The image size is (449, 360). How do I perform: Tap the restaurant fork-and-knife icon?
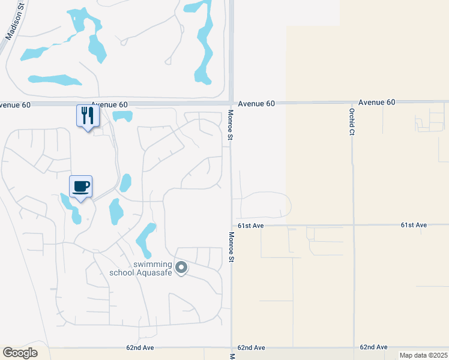click(88, 115)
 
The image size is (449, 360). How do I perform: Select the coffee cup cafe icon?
click(81, 186)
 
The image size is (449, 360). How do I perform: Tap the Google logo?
click(20, 353)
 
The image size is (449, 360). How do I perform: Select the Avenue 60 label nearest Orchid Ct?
click(377, 103)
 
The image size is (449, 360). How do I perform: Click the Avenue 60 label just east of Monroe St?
click(256, 104)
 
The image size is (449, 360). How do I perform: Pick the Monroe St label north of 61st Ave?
click(230, 125)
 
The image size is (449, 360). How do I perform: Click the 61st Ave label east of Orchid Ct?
click(414, 225)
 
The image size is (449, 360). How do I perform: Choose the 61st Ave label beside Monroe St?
click(250, 226)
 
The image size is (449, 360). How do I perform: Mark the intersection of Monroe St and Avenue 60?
click(231, 103)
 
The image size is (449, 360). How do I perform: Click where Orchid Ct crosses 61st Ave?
click(353, 226)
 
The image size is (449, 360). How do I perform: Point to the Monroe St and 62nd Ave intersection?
click(231, 347)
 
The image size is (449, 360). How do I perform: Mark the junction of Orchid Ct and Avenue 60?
click(352, 103)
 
